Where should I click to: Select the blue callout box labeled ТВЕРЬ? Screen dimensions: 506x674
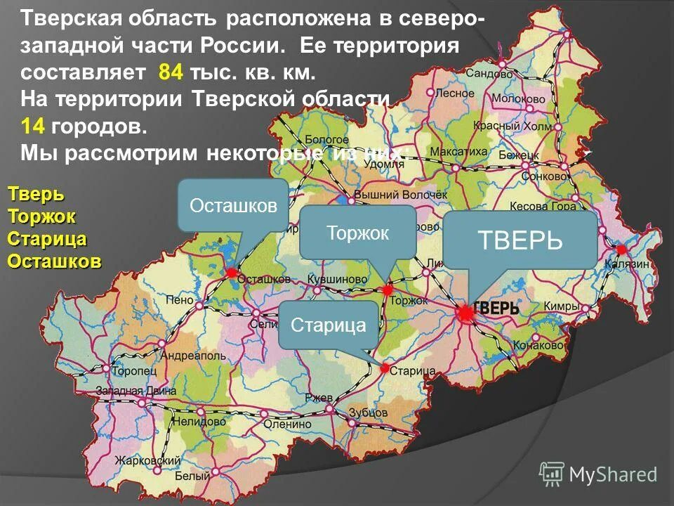click(x=520, y=240)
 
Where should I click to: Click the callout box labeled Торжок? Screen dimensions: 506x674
click(x=358, y=232)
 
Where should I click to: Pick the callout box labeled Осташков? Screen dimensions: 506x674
click(x=233, y=205)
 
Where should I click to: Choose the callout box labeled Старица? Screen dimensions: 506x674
click(x=329, y=325)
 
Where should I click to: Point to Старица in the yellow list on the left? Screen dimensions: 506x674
click(x=47, y=238)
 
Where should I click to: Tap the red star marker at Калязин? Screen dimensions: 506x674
click(x=621, y=249)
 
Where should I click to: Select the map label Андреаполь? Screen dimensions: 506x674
click(x=194, y=356)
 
